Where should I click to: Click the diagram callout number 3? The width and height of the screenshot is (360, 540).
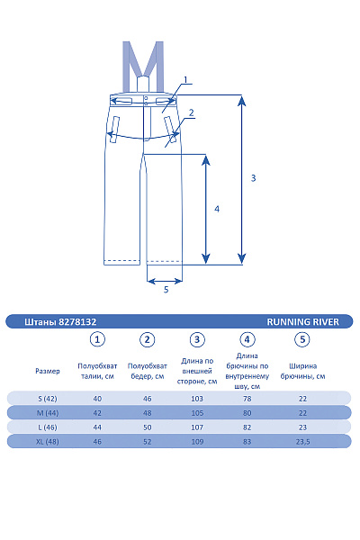[253, 178]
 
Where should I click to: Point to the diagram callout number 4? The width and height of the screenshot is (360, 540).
[217, 209]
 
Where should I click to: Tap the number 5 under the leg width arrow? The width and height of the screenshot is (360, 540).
[166, 290]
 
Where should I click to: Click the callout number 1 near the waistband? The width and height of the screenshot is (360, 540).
[185, 80]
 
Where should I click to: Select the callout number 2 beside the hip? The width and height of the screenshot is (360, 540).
[191, 112]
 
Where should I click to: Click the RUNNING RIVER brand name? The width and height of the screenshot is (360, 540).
[302, 321]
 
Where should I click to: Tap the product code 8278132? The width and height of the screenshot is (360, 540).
[77, 321]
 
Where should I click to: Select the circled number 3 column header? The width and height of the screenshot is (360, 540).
[197, 339]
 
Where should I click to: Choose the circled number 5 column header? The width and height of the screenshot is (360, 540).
[302, 339]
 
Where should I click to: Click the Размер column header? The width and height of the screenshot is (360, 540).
[48, 371]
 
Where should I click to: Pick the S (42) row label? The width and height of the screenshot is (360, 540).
[48, 399]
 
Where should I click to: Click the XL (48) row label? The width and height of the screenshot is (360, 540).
[48, 442]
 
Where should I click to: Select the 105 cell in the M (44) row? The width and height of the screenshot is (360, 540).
[197, 413]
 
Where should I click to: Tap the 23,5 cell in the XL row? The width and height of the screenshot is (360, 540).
[302, 442]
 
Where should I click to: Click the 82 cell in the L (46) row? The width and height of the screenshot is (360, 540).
[247, 427]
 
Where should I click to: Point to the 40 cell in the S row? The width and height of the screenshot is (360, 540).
[97, 399]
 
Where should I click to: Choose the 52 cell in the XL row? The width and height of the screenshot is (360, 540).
[147, 442]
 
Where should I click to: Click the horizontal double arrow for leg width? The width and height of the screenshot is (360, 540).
[165, 282]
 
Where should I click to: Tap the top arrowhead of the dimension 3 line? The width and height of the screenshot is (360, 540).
[242, 101]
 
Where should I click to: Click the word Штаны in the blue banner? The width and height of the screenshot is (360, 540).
[40, 321]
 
